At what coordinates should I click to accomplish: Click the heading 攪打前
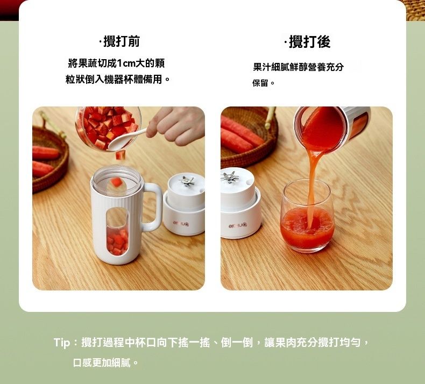122,41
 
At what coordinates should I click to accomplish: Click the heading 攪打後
309,42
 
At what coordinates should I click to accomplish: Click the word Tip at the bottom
62,343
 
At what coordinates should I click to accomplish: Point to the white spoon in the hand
125,139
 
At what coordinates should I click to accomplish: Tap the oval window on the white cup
117,232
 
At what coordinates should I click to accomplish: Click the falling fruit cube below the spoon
121,155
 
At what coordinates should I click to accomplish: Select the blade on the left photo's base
188,181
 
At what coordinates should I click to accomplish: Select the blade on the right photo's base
230,177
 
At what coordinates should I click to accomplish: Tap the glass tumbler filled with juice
308,217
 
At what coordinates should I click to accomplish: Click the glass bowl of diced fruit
109,128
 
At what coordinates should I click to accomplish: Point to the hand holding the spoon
176,126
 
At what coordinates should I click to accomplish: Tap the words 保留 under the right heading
260,83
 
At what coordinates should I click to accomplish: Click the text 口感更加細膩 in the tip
102,362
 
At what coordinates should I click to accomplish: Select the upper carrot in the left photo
46,153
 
